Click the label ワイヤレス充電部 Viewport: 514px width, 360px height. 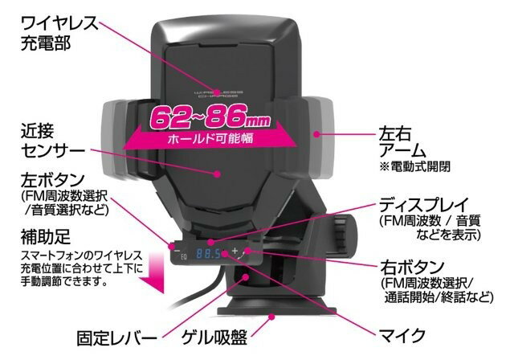click(x=59, y=33)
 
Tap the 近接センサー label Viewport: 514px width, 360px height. click(x=53, y=141)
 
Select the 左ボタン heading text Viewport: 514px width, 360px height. click(x=53, y=180)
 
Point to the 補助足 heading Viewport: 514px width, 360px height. click(x=46, y=237)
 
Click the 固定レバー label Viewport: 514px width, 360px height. click(x=116, y=337)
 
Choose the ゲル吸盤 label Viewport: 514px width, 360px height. click(x=214, y=337)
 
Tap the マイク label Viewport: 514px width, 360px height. click(x=402, y=335)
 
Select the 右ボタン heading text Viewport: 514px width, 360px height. click(x=412, y=268)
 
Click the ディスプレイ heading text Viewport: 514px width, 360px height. click(x=424, y=205)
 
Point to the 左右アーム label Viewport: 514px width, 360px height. click(x=402, y=142)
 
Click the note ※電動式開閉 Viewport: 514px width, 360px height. click(x=415, y=166)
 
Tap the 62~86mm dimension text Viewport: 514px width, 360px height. click(x=210, y=118)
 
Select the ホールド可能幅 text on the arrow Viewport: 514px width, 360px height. click(x=210, y=139)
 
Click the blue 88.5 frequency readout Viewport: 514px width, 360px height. click(x=208, y=253)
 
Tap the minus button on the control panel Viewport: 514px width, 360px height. click(x=177, y=251)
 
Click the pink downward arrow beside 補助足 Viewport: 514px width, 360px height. click(x=153, y=273)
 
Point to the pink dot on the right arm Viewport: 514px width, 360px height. click(x=316, y=133)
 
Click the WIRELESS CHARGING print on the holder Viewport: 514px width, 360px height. click(x=218, y=94)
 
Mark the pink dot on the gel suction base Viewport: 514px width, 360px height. click(x=271, y=317)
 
